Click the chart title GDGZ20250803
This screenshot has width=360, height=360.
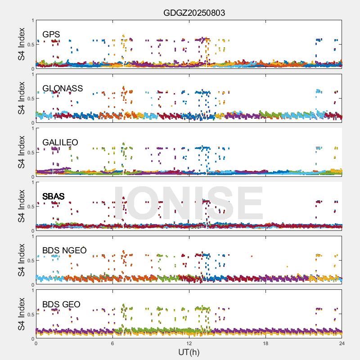194,13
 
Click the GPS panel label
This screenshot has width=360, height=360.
51,35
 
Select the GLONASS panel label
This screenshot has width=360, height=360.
63,89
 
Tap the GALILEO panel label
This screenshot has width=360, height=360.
60,143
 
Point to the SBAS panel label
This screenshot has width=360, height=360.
54,197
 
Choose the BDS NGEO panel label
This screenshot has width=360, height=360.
64,251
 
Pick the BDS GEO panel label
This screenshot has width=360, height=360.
61,305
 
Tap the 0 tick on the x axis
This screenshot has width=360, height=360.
36,343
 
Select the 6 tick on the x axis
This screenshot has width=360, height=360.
112,343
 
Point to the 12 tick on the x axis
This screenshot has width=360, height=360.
189,343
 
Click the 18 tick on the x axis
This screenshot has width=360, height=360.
265,343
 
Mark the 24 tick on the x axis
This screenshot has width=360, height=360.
342,343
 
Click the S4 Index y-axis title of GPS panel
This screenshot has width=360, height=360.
21,45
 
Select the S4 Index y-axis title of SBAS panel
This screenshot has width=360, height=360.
21,207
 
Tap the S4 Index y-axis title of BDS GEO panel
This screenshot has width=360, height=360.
21,315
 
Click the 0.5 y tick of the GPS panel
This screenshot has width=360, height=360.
30,45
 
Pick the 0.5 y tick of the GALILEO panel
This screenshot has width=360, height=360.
30,153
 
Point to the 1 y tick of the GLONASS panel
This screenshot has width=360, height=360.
32,75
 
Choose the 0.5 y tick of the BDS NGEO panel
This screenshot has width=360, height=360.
30,261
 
